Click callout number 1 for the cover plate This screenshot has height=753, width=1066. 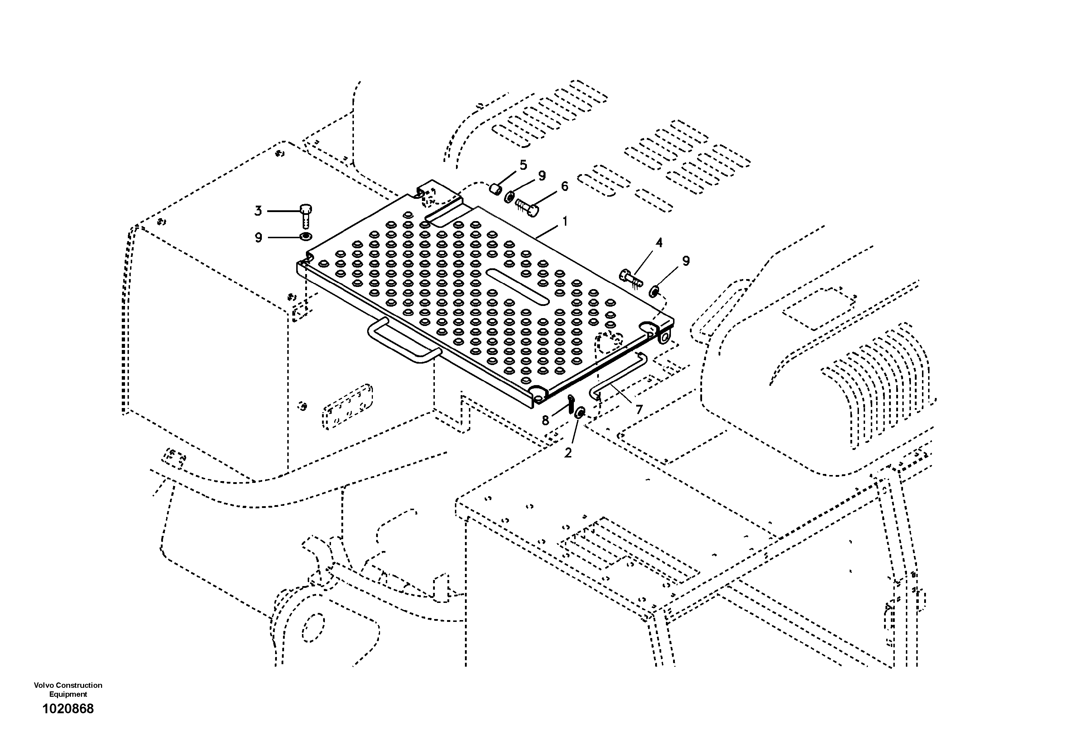tap(565, 222)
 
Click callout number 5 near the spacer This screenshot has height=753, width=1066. tap(523, 165)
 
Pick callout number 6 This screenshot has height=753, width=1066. tap(564, 187)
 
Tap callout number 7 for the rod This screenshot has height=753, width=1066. tap(639, 409)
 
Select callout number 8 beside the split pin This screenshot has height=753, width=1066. tap(546, 421)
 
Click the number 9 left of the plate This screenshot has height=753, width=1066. tap(259, 238)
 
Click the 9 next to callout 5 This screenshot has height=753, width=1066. tap(542, 176)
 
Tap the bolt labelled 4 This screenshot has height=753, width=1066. tap(630, 278)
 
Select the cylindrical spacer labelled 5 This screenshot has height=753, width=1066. tap(495, 190)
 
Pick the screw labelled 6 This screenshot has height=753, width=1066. tap(527, 207)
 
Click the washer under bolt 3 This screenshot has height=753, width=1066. tap(306, 237)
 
